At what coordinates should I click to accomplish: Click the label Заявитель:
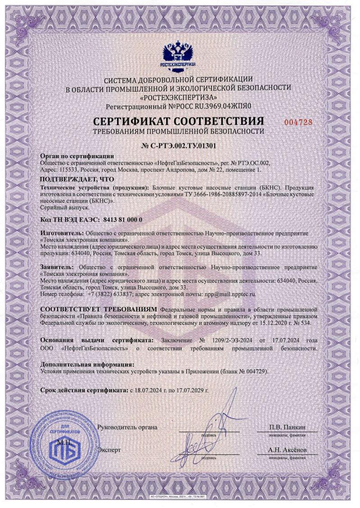coord(57,267)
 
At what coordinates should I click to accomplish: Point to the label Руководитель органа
coord(127,427)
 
